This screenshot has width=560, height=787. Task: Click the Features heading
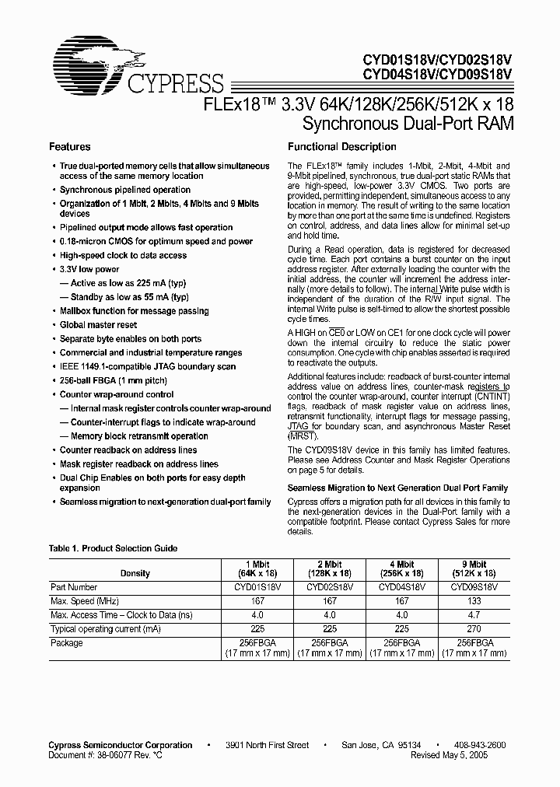[x=70, y=146]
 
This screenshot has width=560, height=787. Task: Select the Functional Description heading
[x=342, y=146]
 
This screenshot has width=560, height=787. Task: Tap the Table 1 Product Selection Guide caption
[x=113, y=548]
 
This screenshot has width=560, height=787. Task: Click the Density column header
[x=135, y=573]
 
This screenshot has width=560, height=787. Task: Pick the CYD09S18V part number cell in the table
[x=473, y=587]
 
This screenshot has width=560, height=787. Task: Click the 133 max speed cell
[x=473, y=601]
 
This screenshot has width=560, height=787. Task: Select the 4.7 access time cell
[x=473, y=615]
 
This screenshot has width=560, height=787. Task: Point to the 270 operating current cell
[x=473, y=629]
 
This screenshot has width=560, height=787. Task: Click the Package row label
[x=67, y=643]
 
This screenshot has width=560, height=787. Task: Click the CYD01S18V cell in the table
[x=258, y=587]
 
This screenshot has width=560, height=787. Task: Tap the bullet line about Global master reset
[x=98, y=325]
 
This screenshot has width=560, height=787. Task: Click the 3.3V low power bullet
[x=89, y=269]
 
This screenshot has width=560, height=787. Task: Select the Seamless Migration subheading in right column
[x=397, y=488]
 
